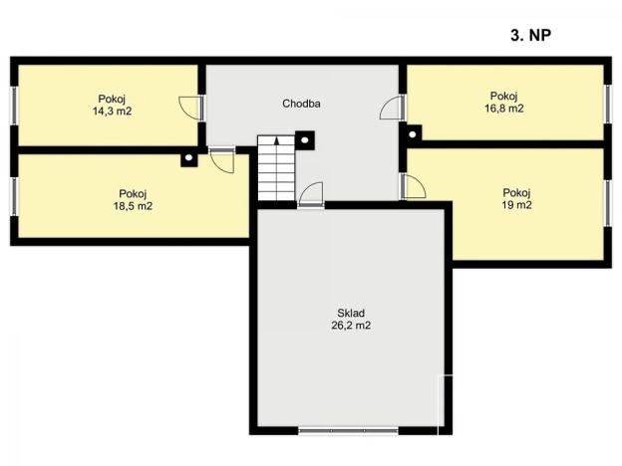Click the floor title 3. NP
pyautogui.click(x=530, y=35)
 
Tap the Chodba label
pyautogui.click(x=301, y=104)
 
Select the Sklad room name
pyautogui.click(x=351, y=313)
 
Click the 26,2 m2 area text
pyautogui.click(x=351, y=326)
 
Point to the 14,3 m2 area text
pyautogui.click(x=112, y=112)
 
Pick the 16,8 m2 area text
pyautogui.click(x=503, y=109)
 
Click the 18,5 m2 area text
pyautogui.click(x=133, y=206)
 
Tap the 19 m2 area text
pyautogui.click(x=516, y=205)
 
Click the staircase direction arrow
pyautogui.click(x=276, y=141)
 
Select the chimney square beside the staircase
pyautogui.click(x=305, y=140)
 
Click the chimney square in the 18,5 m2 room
pyautogui.click(x=189, y=158)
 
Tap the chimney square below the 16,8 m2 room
pyautogui.click(x=412, y=134)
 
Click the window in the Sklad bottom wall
pyautogui.click(x=348, y=431)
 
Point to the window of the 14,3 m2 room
pyautogui.click(x=14, y=106)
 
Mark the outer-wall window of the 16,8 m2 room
pyautogui.click(x=607, y=105)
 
